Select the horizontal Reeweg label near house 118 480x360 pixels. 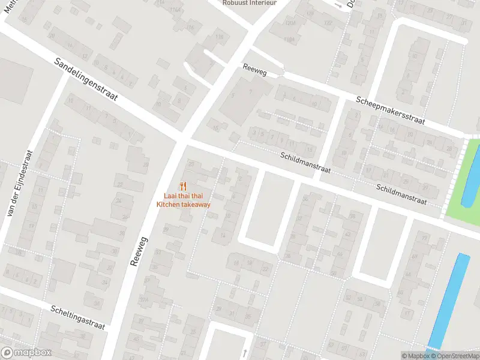pos(254,69)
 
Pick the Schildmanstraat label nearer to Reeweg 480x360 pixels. pos(306,163)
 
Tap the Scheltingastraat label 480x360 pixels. pos(78,316)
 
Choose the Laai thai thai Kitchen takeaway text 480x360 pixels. pos(184,200)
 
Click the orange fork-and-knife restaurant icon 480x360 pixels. pos(184,187)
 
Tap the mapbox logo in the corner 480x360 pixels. pos(25,353)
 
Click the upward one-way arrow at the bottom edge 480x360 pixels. pos(245,352)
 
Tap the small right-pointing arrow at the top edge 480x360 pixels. pos(338,5)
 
